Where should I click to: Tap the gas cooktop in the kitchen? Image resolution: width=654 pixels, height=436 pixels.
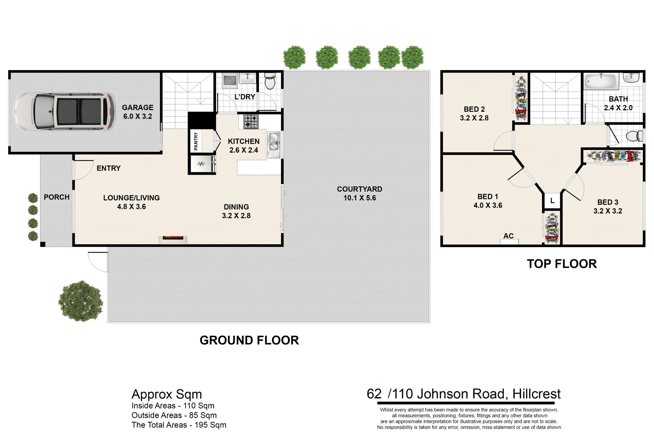tap(251, 122)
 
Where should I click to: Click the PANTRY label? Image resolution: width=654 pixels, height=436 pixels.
tap(196, 141)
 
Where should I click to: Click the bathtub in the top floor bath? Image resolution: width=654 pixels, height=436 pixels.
tap(601, 82)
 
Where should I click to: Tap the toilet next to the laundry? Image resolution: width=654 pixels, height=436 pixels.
tap(270, 81)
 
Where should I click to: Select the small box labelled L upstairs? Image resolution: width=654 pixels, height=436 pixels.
tap(552, 201)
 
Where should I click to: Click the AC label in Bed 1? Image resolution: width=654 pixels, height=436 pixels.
tap(509, 236)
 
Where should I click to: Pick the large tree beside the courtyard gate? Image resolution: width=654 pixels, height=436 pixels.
tap(81, 301)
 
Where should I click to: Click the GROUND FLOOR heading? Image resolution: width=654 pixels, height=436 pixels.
tap(249, 340)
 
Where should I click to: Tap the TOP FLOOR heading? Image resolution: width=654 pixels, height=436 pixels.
tap(562, 264)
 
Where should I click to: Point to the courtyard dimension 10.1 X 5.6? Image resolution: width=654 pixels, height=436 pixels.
tap(360, 198)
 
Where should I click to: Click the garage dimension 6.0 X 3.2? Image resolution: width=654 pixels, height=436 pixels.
tap(138, 116)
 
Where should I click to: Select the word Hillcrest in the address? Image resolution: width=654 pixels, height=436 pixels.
tap(536, 394)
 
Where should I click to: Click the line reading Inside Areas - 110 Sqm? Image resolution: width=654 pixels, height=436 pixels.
tap(173, 406)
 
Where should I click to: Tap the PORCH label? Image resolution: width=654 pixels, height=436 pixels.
tap(57, 197)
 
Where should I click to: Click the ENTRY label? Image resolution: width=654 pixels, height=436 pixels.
tap(109, 168)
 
